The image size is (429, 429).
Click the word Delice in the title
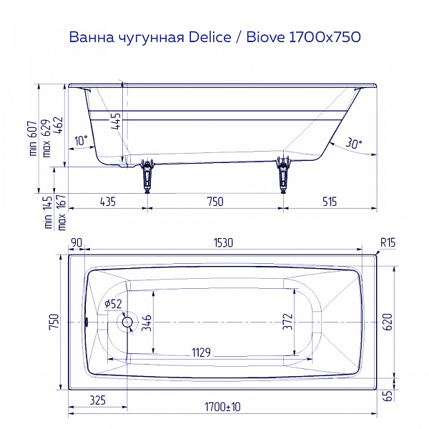212,36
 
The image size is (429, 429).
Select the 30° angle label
354,143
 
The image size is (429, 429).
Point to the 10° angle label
81,141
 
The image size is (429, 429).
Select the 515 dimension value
328,202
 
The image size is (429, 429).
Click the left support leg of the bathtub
148,175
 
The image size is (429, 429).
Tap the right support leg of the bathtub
284,175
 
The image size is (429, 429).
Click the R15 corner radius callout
387,243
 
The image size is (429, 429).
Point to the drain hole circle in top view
128,322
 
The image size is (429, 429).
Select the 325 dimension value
100,398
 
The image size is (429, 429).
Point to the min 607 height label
31,138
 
